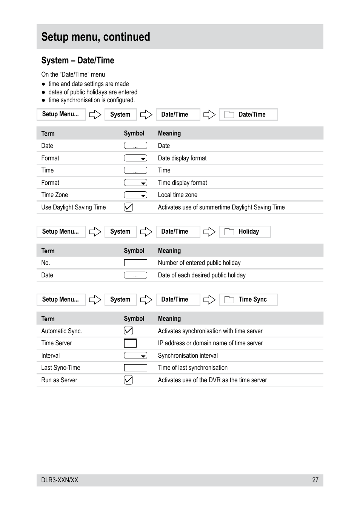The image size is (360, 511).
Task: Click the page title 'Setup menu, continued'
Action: tap(95, 37)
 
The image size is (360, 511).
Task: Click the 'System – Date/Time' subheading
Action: tap(78, 60)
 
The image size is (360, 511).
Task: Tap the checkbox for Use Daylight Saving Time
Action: tap(128, 207)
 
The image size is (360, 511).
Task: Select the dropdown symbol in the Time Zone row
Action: tap(135, 195)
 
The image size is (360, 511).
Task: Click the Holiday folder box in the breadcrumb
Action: tap(245, 231)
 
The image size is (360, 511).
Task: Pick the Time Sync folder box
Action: tap(248, 299)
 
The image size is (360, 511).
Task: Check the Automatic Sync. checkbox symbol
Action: tap(128, 331)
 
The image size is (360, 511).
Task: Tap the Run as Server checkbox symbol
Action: tap(128, 380)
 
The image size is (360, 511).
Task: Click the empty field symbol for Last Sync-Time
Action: tap(135, 368)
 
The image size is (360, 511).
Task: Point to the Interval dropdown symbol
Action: tap(135, 356)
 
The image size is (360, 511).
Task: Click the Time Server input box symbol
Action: tap(130, 343)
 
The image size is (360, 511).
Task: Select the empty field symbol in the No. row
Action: tap(135, 263)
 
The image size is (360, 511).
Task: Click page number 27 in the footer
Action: tap(315, 480)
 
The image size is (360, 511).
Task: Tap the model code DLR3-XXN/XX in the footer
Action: tap(60, 480)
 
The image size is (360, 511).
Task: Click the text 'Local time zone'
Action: tap(177, 195)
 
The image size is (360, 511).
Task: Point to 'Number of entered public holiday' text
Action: tap(199, 263)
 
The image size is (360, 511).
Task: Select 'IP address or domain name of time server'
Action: tap(210, 343)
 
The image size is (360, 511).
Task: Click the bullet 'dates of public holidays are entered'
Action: tap(92, 92)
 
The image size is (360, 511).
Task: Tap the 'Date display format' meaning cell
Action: tap(182, 158)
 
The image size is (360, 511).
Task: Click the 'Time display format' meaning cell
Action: tap(182, 183)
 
